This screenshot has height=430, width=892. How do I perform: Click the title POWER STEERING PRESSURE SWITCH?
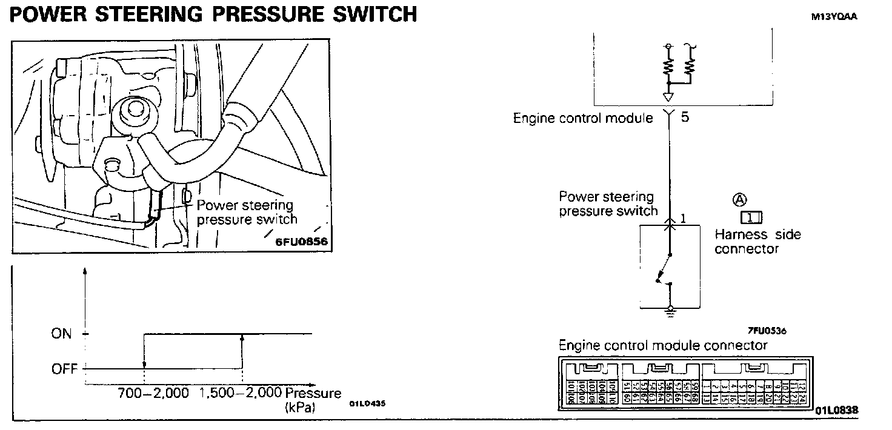tap(213, 13)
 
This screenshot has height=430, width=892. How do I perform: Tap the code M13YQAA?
tap(834, 17)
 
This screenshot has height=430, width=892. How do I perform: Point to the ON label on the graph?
tap(61, 334)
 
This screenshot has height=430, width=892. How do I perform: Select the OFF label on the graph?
tap(64, 368)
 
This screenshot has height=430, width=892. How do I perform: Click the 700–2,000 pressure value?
tap(153, 394)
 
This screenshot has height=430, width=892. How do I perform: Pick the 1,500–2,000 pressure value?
tap(241, 394)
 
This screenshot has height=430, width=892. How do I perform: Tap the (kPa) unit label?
tap(300, 408)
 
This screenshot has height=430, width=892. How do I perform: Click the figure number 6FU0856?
tap(301, 242)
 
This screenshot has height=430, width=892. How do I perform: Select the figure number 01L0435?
tap(367, 403)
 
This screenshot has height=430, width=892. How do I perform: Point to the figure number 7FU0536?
tap(766, 331)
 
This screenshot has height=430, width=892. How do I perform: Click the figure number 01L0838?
tap(837, 411)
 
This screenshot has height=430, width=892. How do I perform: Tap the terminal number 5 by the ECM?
tap(685, 117)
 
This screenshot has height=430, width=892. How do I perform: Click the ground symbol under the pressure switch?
tap(670, 312)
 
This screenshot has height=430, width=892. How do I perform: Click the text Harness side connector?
tap(757, 241)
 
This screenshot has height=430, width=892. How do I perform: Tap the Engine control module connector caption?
tap(662, 346)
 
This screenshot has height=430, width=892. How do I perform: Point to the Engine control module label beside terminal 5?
tap(583, 118)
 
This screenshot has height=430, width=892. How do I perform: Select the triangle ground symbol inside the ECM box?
tap(668, 97)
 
